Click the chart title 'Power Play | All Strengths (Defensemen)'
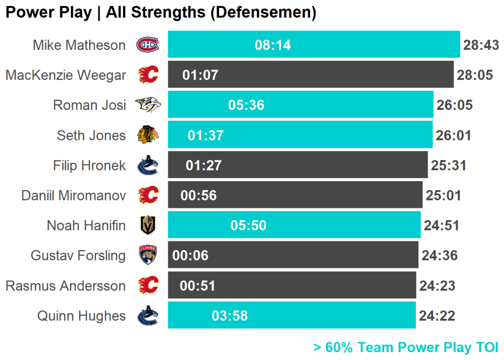160,12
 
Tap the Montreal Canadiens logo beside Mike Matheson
148,45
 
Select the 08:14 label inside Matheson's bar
273,45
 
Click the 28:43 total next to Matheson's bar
481,45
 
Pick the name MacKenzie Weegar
65,75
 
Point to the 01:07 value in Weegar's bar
200,75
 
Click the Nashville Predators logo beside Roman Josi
148,105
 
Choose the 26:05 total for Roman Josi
454,105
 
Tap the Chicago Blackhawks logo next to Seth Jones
148,135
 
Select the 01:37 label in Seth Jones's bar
206,135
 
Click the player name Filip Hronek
89,165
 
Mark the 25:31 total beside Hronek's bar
448,165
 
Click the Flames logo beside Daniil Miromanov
148,196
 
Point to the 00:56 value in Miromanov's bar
198,196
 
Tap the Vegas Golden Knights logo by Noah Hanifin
148,226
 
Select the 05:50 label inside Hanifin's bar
248,226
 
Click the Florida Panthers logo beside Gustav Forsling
148,256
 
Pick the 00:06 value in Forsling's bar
190,256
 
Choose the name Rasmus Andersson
65,286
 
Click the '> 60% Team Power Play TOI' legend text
406,347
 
